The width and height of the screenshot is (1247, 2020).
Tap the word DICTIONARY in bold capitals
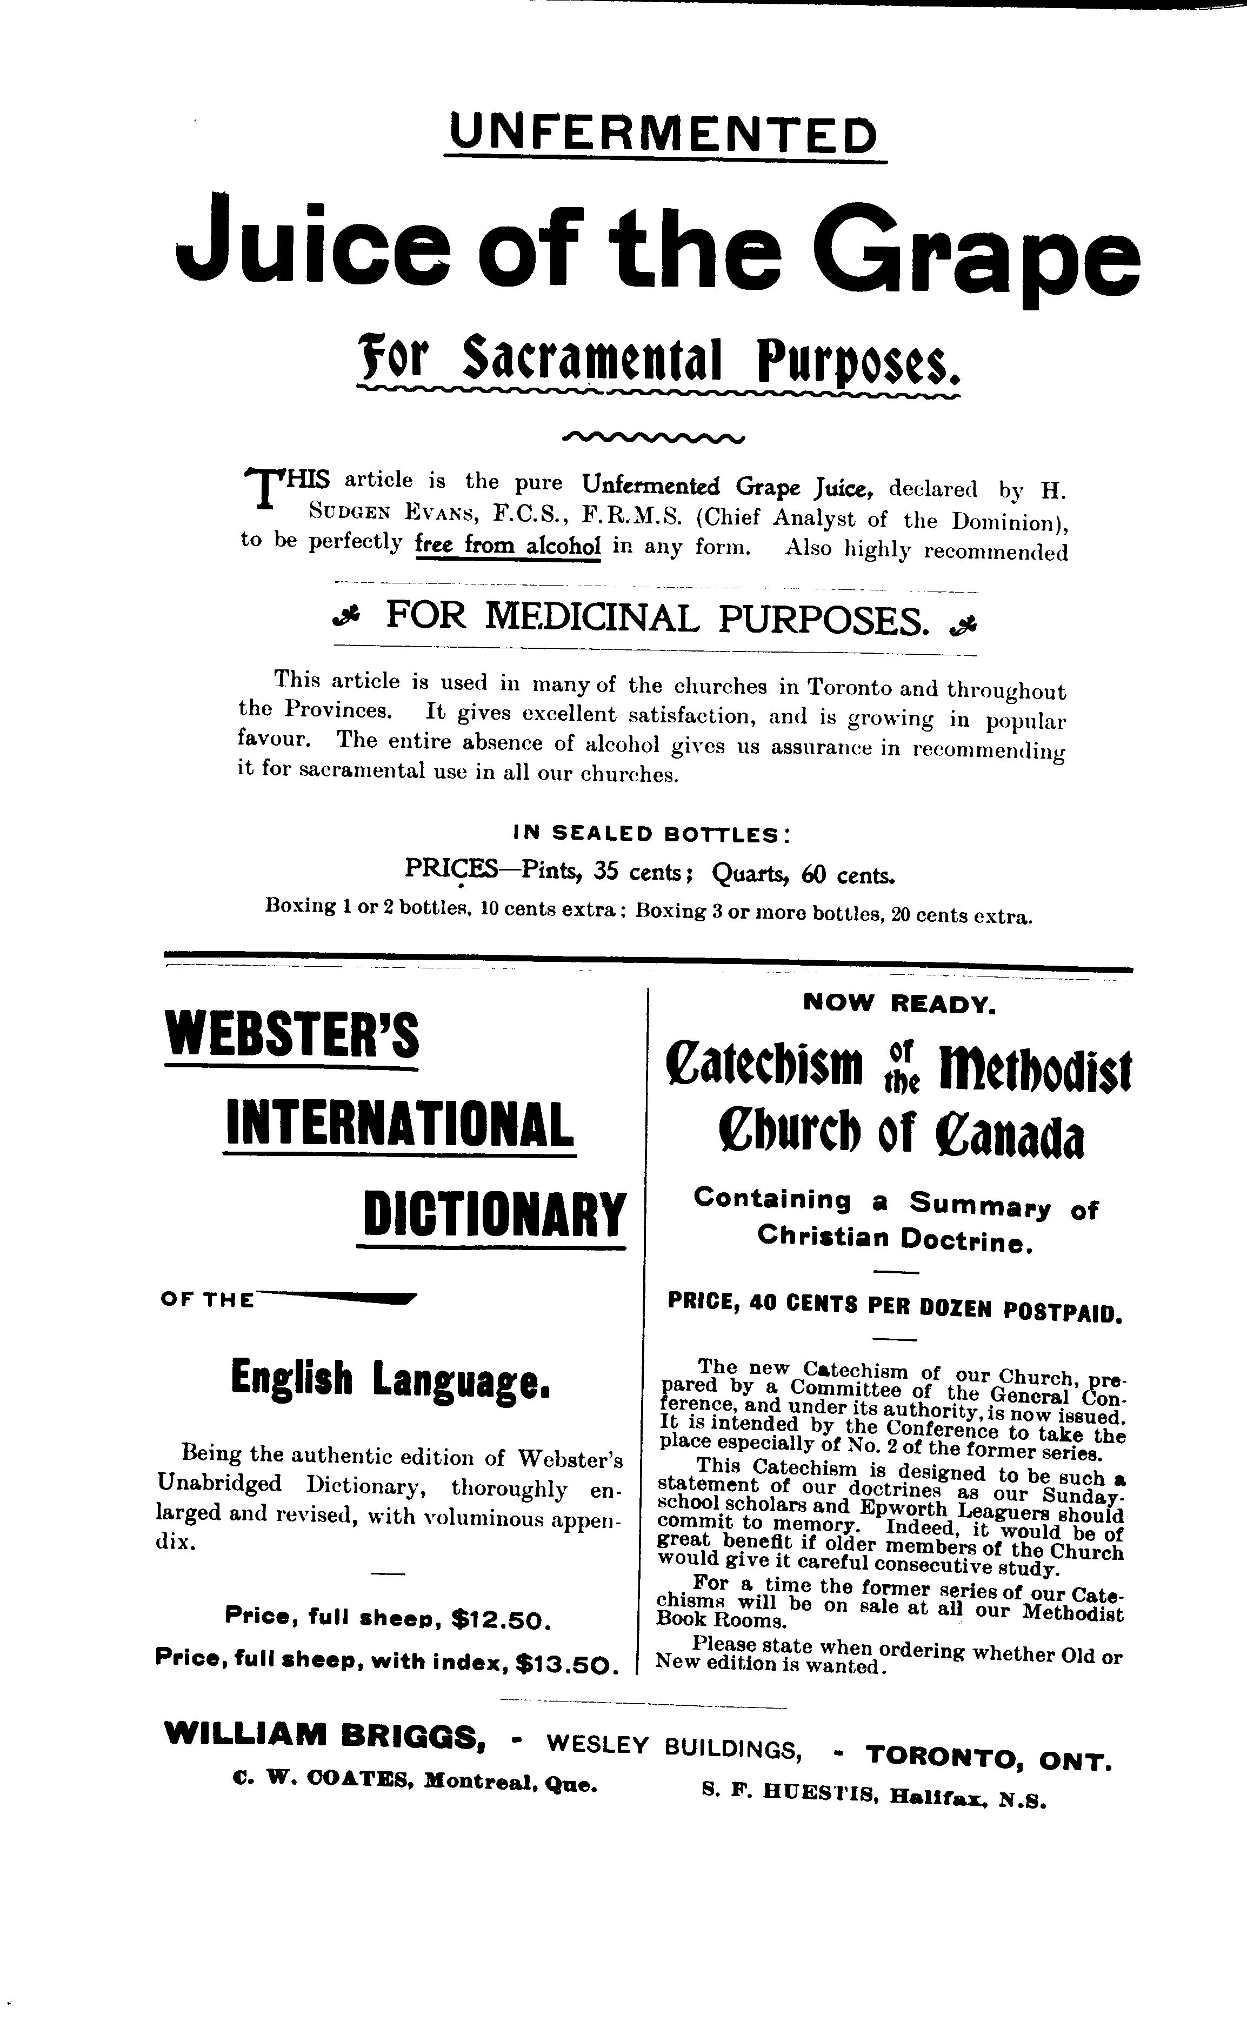coord(493,1215)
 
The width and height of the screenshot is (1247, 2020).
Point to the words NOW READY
coord(900,1004)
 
